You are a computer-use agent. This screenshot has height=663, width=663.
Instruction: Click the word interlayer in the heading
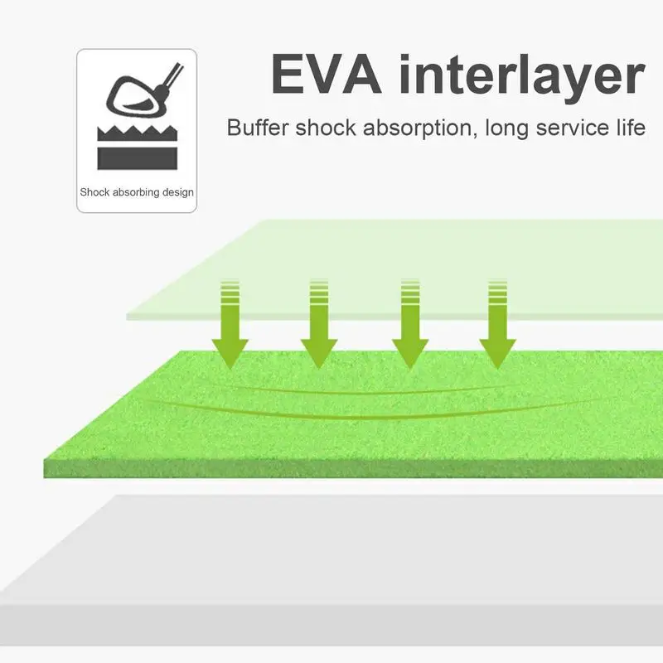click(x=520, y=76)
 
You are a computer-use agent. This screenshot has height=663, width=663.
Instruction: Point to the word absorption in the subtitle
click(x=409, y=129)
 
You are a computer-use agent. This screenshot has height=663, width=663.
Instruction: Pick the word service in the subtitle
click(x=568, y=128)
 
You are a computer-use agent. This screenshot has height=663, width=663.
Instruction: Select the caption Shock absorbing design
click(x=137, y=192)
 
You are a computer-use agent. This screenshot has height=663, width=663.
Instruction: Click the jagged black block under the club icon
click(x=137, y=148)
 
